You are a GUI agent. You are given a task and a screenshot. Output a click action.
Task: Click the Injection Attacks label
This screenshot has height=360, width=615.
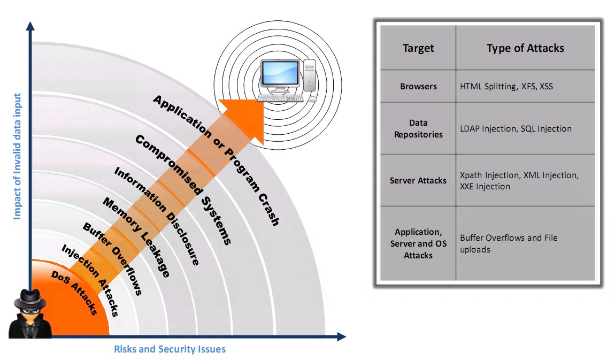point(90,280)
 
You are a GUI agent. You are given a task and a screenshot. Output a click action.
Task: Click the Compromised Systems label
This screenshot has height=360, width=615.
point(183,189)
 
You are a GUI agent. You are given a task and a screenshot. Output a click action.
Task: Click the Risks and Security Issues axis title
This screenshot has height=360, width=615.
point(170,349)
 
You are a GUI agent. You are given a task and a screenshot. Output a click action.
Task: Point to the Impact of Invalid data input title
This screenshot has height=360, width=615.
point(17,156)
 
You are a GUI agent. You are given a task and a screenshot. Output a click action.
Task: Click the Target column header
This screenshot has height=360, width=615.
point(418,48)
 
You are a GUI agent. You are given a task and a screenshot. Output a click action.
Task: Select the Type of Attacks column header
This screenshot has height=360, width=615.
point(525,48)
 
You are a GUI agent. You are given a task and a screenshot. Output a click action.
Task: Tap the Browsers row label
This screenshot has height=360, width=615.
point(418,86)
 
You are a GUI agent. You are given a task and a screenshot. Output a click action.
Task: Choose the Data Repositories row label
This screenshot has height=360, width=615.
point(418,129)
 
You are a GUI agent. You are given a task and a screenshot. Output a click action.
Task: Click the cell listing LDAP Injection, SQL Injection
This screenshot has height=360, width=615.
point(516,129)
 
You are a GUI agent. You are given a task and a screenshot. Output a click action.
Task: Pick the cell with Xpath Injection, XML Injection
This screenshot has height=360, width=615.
point(519,181)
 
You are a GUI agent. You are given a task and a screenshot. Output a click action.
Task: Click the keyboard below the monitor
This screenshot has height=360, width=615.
point(280,98)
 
